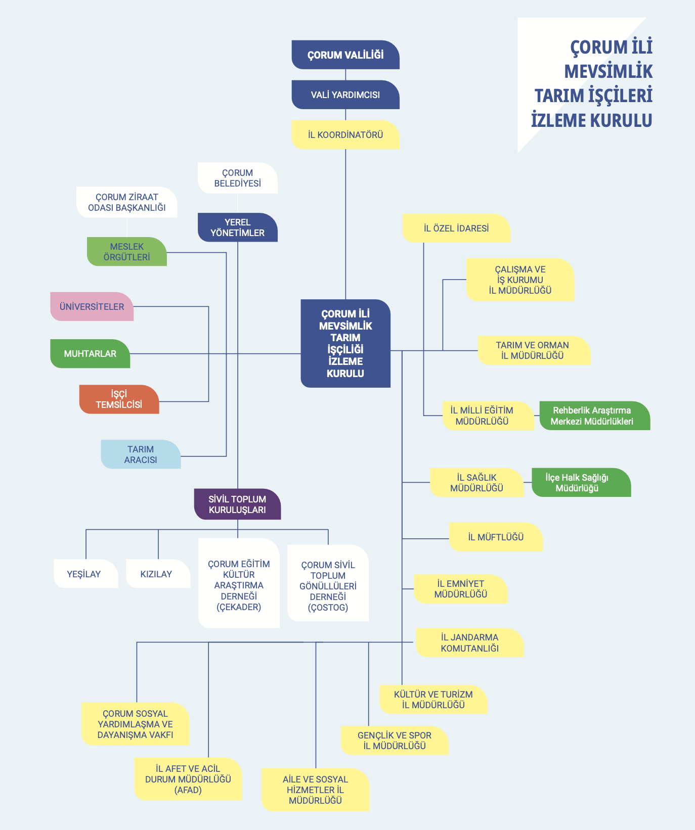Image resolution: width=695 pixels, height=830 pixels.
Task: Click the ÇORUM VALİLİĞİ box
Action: click(x=345, y=55)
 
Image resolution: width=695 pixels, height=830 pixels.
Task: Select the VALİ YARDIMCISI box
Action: click(x=345, y=95)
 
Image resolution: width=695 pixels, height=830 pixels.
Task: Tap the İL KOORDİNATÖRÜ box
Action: click(x=345, y=134)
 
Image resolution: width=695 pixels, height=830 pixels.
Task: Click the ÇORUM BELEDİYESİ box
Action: click(x=238, y=178)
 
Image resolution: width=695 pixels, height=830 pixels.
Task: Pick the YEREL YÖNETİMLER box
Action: click(x=238, y=227)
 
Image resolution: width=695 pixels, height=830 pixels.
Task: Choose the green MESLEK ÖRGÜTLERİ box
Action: click(x=127, y=252)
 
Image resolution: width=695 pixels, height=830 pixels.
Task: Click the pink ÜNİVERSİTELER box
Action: click(x=92, y=306)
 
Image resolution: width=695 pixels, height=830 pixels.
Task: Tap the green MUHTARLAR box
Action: click(x=90, y=354)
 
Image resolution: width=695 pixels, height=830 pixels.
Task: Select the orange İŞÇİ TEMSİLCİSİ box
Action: click(x=119, y=399)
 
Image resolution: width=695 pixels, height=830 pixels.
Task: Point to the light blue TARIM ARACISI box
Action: click(x=141, y=454)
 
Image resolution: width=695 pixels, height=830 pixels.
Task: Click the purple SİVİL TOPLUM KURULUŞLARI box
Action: click(x=238, y=504)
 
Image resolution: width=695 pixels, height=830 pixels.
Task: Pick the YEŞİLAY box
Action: click(x=86, y=574)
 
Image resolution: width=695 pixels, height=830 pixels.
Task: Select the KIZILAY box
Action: click(x=158, y=574)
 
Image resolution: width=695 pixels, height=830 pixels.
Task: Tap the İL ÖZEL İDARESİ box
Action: click(x=456, y=228)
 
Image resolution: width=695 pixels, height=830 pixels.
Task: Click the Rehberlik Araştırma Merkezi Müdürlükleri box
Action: click(x=595, y=416)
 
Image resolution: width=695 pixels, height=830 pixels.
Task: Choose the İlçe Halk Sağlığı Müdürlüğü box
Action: click(x=581, y=483)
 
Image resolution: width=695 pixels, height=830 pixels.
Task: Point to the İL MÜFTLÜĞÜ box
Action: click(x=496, y=537)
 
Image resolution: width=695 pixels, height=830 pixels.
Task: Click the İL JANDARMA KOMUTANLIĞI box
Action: click(x=469, y=642)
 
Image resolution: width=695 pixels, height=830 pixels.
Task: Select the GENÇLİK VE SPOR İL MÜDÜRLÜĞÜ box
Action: click(x=395, y=741)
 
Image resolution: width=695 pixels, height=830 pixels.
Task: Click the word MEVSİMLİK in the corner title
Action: click(x=608, y=71)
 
